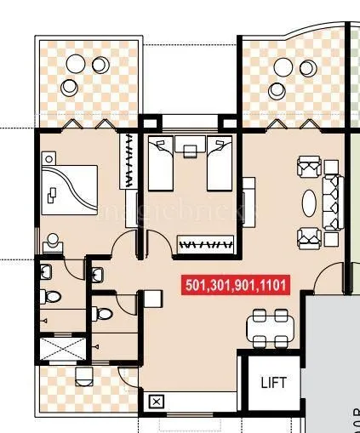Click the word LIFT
(274, 383)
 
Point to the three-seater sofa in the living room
(334, 202)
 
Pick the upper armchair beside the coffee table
(307, 168)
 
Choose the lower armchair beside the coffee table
(307, 237)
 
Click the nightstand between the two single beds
(190, 150)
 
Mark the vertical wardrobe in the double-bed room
(130, 161)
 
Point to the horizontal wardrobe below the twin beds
(204, 245)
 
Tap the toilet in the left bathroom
(53, 297)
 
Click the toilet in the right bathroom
(104, 313)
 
